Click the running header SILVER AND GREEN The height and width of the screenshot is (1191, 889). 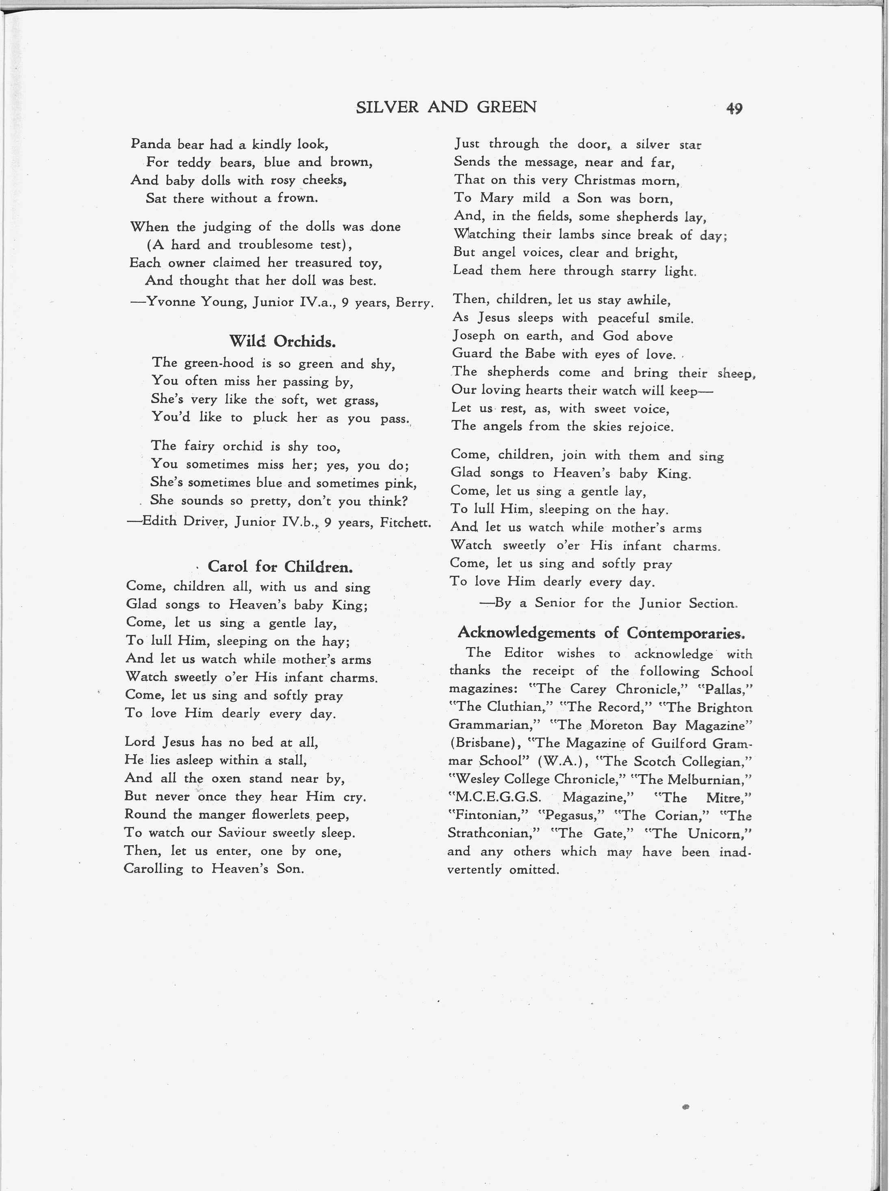coord(446,108)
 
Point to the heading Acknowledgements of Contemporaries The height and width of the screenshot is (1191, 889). coord(601,633)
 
